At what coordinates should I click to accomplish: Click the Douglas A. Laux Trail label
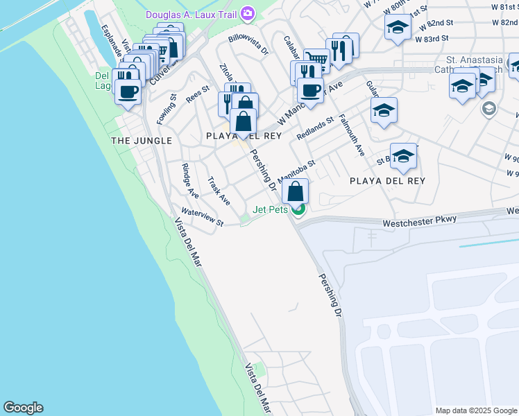(x=191, y=15)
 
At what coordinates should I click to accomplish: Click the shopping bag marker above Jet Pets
(x=296, y=191)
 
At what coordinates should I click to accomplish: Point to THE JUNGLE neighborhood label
(x=141, y=141)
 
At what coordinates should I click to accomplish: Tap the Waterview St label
(x=202, y=217)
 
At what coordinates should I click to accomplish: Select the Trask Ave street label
(x=219, y=190)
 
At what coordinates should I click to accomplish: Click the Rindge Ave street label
(x=189, y=175)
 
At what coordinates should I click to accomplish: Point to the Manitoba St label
(x=297, y=170)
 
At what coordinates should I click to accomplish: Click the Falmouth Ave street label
(x=352, y=135)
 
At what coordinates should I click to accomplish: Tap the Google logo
(x=23, y=408)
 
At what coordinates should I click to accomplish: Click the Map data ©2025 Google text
(x=476, y=410)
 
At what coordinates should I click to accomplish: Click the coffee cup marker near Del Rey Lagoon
(x=128, y=91)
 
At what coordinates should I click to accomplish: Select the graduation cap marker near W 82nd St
(x=398, y=28)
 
